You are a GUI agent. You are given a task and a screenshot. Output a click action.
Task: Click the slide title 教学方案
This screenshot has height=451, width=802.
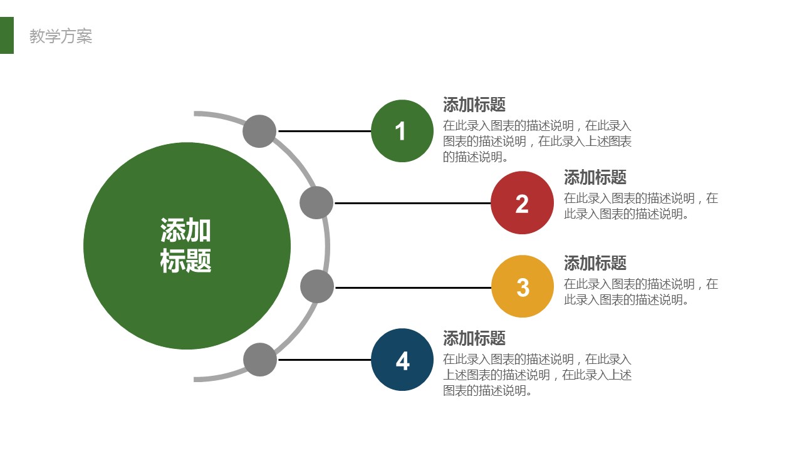coord(61,36)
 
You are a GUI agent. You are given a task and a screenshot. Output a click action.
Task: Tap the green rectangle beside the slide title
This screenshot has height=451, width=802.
coord(7,36)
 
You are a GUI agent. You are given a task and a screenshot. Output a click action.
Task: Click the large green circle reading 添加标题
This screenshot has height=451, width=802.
coord(187,246)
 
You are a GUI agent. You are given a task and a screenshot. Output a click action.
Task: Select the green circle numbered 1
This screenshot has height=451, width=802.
coord(402,131)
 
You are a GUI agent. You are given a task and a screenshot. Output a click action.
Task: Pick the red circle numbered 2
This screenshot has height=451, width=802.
coord(522,202)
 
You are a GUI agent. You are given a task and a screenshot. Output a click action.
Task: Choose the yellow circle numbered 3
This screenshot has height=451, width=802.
coord(523,286)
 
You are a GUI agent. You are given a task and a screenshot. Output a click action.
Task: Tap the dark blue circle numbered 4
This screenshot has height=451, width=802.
coord(402,360)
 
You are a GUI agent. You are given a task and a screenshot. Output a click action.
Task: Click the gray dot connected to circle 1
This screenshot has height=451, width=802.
coord(259,132)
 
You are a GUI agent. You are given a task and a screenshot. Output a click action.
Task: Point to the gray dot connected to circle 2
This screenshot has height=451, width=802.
coord(316,202)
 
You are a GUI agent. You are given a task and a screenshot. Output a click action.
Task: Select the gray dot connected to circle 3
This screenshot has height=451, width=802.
coord(317,287)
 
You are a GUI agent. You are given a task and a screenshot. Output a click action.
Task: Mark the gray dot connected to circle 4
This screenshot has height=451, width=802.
coord(260,360)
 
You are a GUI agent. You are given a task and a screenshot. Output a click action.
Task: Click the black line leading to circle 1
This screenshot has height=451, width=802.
coord(325,132)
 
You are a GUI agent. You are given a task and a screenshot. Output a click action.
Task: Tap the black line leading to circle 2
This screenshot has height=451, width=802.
coord(413,203)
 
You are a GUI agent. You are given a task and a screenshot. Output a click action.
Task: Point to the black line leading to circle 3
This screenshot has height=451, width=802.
coord(414,288)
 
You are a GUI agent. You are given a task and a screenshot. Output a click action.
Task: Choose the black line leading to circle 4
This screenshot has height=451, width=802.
coord(325,360)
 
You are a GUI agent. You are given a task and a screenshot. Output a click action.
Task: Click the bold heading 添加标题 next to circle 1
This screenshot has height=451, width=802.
coord(474,105)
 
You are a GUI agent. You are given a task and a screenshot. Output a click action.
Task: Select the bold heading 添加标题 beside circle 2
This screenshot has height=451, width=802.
coord(595,177)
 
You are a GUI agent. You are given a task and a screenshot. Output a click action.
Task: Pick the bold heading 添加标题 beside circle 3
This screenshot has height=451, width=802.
coord(595,263)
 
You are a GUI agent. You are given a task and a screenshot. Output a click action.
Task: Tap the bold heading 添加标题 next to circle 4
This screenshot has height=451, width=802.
coord(474,338)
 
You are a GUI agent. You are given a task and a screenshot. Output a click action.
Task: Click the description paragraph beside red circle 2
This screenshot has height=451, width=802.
coord(641,206)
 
